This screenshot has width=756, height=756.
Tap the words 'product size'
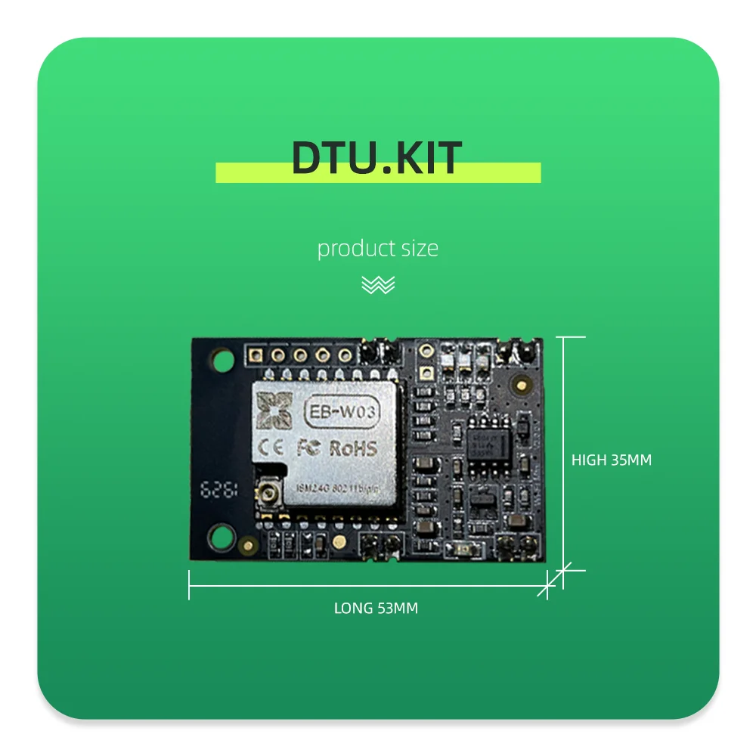tap(377, 248)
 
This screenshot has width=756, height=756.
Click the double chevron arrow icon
tap(377, 285)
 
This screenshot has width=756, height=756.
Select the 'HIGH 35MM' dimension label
tap(611, 460)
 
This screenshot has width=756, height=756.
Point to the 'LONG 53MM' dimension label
tap(376, 608)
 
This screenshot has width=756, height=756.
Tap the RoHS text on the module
tap(352, 448)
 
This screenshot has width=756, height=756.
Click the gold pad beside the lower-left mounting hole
tap(249, 543)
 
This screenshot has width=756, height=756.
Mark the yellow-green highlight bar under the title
tap(378, 173)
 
